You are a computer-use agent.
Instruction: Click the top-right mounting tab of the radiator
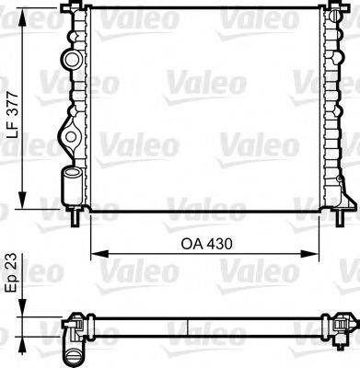[x=331, y=8]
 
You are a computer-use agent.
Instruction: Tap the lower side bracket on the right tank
[x=344, y=196]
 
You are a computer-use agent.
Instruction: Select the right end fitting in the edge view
[x=339, y=324]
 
